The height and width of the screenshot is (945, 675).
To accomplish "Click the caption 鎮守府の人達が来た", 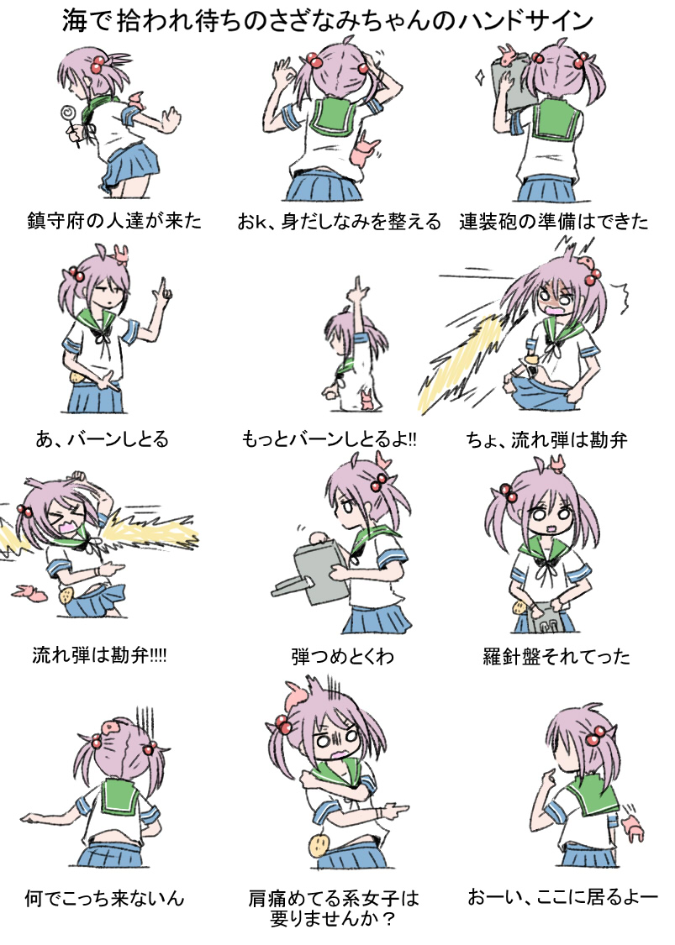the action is click(x=114, y=221).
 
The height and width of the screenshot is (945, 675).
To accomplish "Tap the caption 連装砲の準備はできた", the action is click(x=553, y=221).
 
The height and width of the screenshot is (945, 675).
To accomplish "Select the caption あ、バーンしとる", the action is click(x=103, y=439).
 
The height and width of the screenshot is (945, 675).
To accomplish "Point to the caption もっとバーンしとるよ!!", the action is click(x=330, y=439).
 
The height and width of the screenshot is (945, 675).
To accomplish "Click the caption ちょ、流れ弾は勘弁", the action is click(x=546, y=440).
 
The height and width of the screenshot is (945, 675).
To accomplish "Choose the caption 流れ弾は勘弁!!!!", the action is click(x=99, y=655).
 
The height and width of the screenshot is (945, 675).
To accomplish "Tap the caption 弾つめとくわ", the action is click(x=342, y=656).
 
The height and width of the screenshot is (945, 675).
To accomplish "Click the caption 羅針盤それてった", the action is click(x=556, y=656).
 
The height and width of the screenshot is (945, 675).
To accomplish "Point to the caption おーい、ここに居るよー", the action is click(x=562, y=897).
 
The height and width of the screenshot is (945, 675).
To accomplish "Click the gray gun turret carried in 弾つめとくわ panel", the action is click(x=311, y=573).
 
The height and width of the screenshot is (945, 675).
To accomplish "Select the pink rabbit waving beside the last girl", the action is click(x=633, y=827).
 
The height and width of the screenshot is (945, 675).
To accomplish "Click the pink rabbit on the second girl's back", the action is click(x=364, y=151).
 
